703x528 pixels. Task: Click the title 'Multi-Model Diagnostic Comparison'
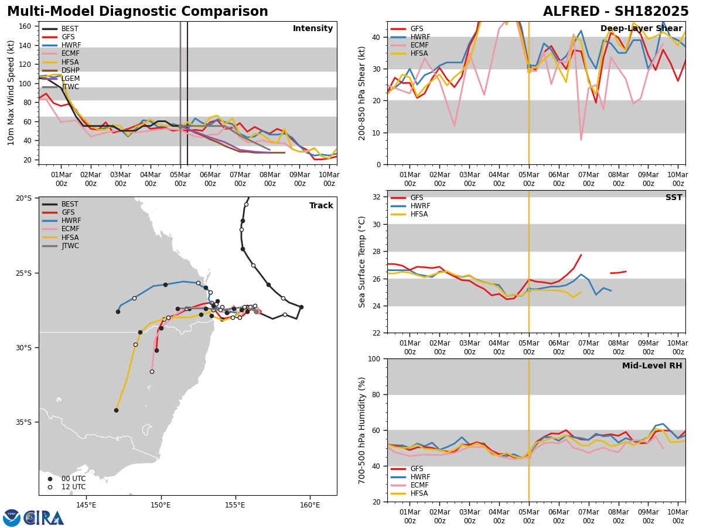point(138,12)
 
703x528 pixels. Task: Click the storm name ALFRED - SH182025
point(616,12)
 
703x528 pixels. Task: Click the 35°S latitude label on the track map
point(23,422)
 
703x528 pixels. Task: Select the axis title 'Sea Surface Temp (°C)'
point(362,262)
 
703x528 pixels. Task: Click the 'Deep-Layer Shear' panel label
point(641,29)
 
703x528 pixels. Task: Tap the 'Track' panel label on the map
point(321,206)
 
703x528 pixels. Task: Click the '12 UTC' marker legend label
point(73,487)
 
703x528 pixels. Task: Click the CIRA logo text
point(44,518)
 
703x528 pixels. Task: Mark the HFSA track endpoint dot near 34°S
point(116,410)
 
